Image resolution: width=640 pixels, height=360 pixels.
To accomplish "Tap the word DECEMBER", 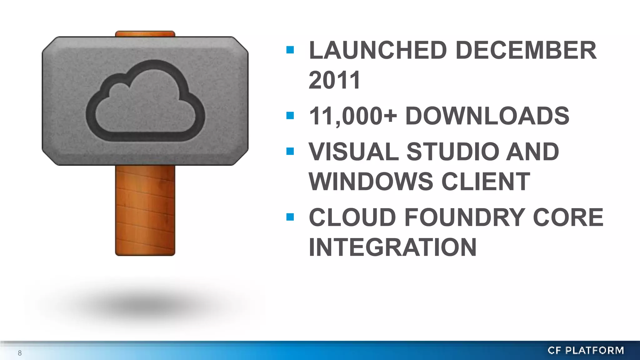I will pos(526,50).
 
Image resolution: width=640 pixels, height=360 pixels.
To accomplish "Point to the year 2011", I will pos(335,80).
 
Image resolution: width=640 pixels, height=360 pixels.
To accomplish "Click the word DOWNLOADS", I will pos(487,116).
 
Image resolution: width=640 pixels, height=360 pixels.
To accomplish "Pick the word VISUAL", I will pos(353,152).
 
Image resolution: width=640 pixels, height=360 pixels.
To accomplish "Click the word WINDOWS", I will pos(371,181).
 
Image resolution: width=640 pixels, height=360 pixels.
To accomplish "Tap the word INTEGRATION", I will pos(393,247).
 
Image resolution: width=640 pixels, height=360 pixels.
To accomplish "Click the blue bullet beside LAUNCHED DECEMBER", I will pos(290,50).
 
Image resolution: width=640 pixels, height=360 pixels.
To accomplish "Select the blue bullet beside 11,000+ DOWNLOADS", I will pos(290,116).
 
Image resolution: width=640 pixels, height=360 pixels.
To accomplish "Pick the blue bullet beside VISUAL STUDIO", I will pos(290,151).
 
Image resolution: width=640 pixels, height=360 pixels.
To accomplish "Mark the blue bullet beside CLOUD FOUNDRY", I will pos(290,217).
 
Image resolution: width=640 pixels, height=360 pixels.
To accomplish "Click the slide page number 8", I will pos(20,353).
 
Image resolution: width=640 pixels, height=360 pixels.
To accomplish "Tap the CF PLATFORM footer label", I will pos(586,351).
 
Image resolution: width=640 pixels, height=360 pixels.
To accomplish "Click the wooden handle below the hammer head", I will pos(145,210).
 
